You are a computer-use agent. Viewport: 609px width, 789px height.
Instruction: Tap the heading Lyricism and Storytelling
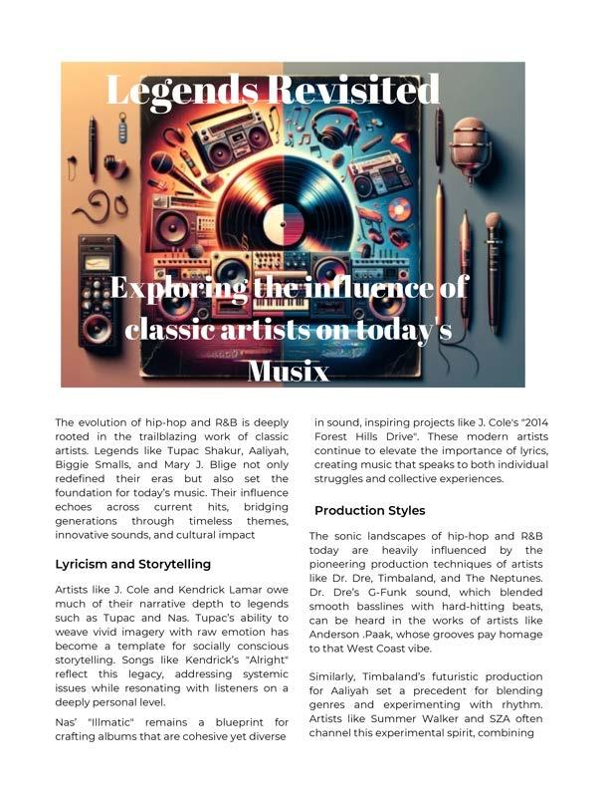tap(132, 564)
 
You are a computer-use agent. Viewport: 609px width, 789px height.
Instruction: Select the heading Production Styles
tap(369, 511)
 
